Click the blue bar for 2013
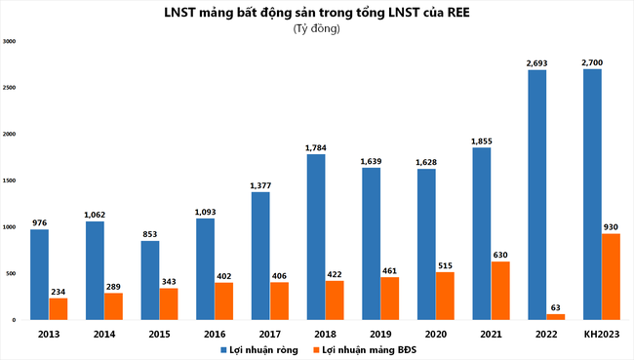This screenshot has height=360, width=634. click(39, 274)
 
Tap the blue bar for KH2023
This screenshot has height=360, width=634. click(591, 194)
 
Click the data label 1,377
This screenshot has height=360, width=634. click(260, 184)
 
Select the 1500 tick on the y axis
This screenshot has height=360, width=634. click(10, 180)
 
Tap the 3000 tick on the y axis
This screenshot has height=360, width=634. click(10, 42)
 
